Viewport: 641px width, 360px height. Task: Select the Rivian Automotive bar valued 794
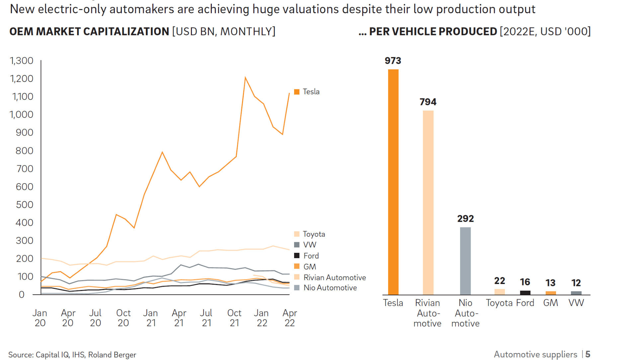[428, 202]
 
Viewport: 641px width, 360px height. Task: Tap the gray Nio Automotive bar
[465, 261]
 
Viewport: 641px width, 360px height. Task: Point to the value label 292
[465, 219]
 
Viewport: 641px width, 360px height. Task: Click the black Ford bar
[525, 293]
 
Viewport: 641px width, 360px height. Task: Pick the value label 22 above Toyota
[499, 281]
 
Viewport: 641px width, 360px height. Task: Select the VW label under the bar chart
[576, 303]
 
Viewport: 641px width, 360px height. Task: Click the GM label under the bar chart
[550, 303]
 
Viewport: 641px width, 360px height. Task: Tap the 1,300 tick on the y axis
[22, 61]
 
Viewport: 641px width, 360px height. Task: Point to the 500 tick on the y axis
[25, 205]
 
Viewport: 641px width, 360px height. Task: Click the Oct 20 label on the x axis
[123, 318]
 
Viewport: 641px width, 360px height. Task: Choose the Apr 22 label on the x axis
[289, 318]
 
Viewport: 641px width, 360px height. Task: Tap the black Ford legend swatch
[297, 255]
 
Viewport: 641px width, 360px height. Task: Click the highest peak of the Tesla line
[245, 78]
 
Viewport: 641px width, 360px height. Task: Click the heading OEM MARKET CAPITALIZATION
[89, 32]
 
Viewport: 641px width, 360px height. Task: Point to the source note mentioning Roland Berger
[72, 355]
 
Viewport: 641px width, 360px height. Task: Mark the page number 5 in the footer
[588, 354]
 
